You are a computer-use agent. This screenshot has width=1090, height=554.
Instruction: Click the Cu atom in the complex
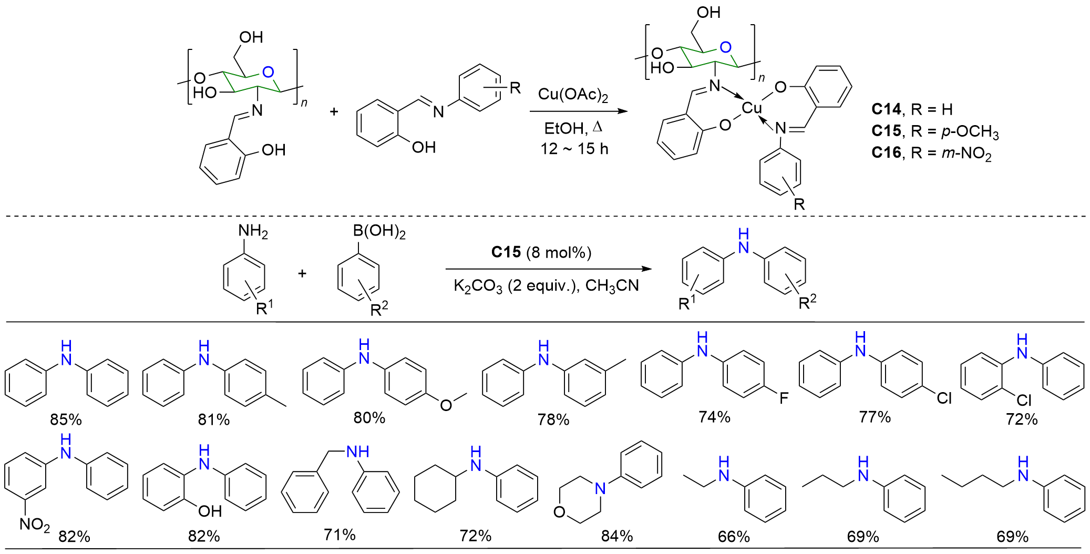click(752, 108)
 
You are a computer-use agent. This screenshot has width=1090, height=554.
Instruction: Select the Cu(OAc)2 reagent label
click(572, 95)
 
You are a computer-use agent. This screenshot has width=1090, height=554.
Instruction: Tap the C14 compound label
click(886, 109)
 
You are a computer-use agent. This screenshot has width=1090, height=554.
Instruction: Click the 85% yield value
click(66, 419)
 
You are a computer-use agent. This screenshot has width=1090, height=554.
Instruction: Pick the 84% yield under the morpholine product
click(617, 536)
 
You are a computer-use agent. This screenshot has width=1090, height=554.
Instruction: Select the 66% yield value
click(734, 537)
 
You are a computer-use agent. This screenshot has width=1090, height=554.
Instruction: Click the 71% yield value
click(340, 535)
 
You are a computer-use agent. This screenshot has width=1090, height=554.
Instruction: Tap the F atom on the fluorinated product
click(784, 398)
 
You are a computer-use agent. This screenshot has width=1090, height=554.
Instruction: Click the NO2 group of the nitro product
click(35, 525)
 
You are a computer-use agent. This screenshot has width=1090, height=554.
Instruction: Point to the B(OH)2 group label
click(379, 231)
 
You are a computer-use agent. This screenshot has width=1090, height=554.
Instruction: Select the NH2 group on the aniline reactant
click(253, 231)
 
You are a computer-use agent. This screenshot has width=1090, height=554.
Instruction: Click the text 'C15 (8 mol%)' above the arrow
click(541, 253)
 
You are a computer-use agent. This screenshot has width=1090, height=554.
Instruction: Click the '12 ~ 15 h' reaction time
click(574, 149)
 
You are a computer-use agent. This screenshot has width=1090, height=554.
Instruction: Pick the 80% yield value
click(369, 418)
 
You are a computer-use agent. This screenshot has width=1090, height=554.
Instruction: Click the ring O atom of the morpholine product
click(559, 511)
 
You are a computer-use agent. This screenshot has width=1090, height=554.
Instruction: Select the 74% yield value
click(714, 417)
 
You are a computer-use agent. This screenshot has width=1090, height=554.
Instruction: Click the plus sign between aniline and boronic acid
click(302, 273)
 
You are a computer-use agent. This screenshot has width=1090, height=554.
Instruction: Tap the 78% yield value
click(553, 419)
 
